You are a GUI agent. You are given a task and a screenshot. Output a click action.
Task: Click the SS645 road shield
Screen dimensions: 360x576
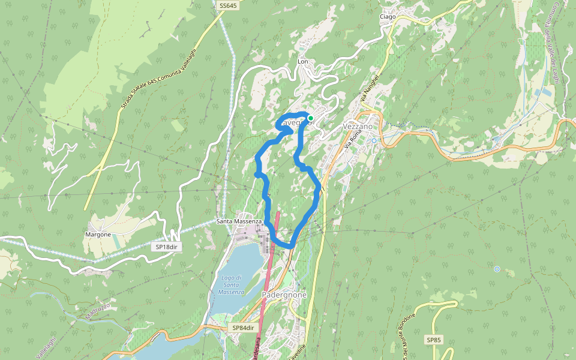click(x=229, y=5)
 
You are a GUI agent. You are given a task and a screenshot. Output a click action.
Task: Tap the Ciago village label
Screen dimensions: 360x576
click(x=388, y=17)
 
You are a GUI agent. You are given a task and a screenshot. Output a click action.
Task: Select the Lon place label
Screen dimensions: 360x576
click(x=302, y=62)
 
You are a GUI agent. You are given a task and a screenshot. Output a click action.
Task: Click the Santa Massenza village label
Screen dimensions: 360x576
click(x=239, y=221)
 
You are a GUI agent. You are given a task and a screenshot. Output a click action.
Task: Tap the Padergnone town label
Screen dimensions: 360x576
click(x=284, y=295)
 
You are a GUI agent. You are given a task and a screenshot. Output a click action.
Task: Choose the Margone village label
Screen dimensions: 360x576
click(x=98, y=234)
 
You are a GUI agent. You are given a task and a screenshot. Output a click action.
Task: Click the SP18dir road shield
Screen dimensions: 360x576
click(x=167, y=247)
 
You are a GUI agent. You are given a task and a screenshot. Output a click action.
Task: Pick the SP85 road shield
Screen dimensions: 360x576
click(x=433, y=340)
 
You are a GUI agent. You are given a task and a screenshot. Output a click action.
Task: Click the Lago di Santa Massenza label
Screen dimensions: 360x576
click(x=230, y=284)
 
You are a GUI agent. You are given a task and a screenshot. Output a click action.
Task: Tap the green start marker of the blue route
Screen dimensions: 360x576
click(x=310, y=118)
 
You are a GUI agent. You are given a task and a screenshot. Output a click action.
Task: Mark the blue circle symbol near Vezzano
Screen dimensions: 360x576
click(x=374, y=140)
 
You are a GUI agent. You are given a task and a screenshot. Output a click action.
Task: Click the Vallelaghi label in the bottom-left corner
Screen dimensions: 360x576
click(x=46, y=347)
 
